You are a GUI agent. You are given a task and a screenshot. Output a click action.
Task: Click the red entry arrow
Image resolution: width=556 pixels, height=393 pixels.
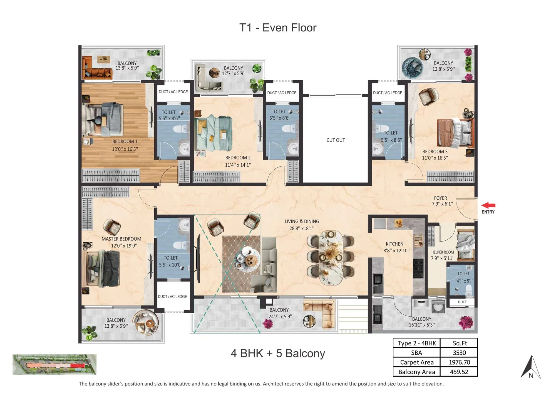click(488, 205)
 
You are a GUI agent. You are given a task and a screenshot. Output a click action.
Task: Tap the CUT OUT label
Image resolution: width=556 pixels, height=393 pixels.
click(336, 140)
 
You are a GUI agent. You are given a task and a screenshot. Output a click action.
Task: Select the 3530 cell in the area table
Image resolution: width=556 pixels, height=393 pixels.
click(459, 353)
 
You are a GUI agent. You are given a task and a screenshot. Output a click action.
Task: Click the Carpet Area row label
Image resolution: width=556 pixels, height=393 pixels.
click(416, 362)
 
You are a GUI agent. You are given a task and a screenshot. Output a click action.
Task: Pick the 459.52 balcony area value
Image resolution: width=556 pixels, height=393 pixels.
click(459, 372)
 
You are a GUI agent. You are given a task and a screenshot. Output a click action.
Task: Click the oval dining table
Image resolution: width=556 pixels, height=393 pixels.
click(331, 257)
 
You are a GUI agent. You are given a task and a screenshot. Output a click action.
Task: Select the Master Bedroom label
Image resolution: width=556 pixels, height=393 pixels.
click(121, 239)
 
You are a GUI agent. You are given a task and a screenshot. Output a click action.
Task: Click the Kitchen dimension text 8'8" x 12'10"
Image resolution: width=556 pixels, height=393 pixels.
click(396, 250)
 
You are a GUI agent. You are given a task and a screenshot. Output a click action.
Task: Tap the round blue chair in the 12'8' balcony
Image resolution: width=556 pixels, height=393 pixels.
click(413, 68)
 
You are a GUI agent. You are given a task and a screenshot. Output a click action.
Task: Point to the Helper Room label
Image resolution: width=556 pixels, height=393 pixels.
click(442, 252)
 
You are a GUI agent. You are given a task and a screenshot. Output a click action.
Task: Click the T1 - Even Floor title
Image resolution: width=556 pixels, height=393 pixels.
click(278, 28)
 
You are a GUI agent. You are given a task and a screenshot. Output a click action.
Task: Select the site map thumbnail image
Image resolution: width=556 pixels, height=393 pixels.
click(54, 364)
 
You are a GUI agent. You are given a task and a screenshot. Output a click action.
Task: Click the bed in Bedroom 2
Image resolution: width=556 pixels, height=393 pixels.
click(213, 133)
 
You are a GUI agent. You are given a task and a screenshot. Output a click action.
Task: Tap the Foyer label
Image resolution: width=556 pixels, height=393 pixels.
click(440, 198)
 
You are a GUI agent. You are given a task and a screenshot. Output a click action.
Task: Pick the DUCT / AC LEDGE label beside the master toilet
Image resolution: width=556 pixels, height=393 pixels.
click(172, 297)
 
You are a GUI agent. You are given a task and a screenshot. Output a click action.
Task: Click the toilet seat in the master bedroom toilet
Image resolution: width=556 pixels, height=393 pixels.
click(180, 245)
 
